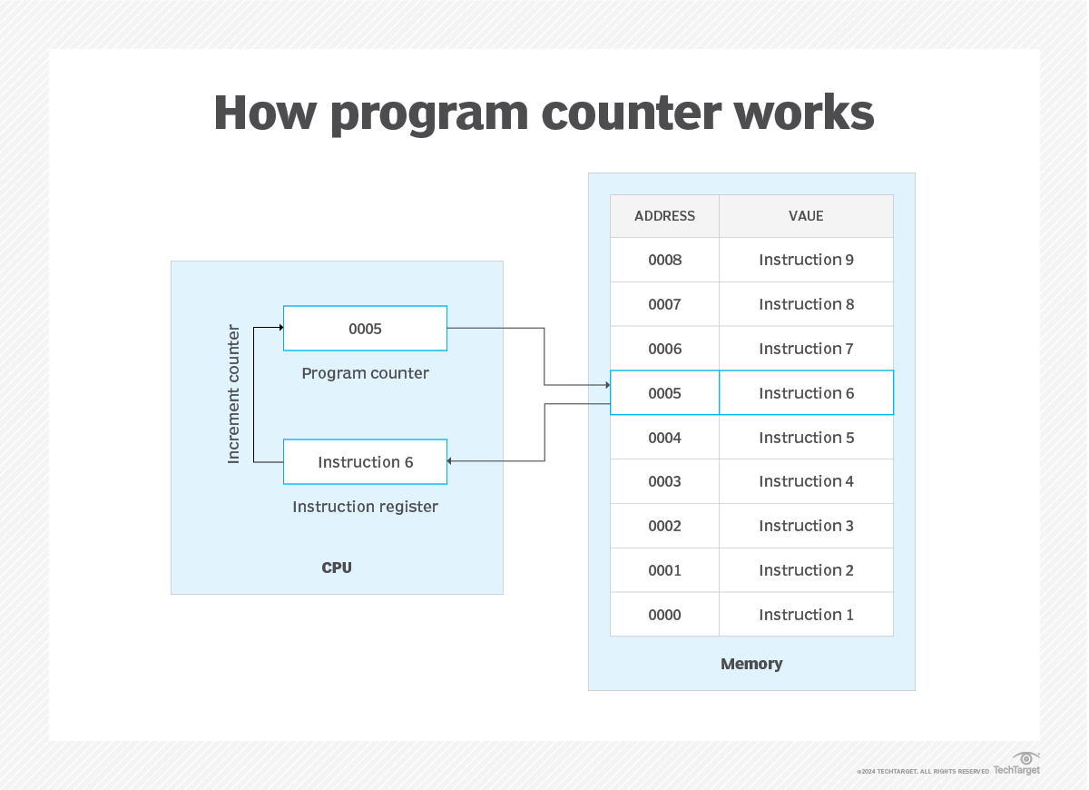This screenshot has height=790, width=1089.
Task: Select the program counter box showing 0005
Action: click(x=365, y=329)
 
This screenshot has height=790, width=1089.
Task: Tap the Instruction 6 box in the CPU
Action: click(x=365, y=462)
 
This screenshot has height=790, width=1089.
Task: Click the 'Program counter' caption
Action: click(x=365, y=373)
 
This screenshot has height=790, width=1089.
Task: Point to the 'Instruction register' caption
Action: click(x=365, y=507)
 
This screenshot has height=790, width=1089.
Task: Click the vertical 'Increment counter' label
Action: click(x=234, y=394)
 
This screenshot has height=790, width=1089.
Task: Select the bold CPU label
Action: click(x=337, y=568)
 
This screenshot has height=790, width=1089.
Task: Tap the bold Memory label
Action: click(x=751, y=664)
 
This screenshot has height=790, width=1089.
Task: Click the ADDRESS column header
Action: click(x=664, y=216)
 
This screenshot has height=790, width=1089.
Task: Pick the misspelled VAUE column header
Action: click(x=806, y=216)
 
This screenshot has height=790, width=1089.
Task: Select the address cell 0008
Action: click(x=664, y=260)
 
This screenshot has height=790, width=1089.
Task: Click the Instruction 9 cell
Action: click(x=806, y=260)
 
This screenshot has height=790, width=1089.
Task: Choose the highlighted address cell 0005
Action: click(x=664, y=393)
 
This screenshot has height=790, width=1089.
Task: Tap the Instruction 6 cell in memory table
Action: click(x=806, y=393)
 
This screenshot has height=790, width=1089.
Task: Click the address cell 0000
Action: click(x=664, y=615)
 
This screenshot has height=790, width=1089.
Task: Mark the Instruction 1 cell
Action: click(x=806, y=615)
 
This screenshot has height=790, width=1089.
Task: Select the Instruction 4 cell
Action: click(x=806, y=481)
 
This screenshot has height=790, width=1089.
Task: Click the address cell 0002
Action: click(x=664, y=526)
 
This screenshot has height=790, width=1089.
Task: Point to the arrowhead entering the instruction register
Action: click(x=451, y=461)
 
